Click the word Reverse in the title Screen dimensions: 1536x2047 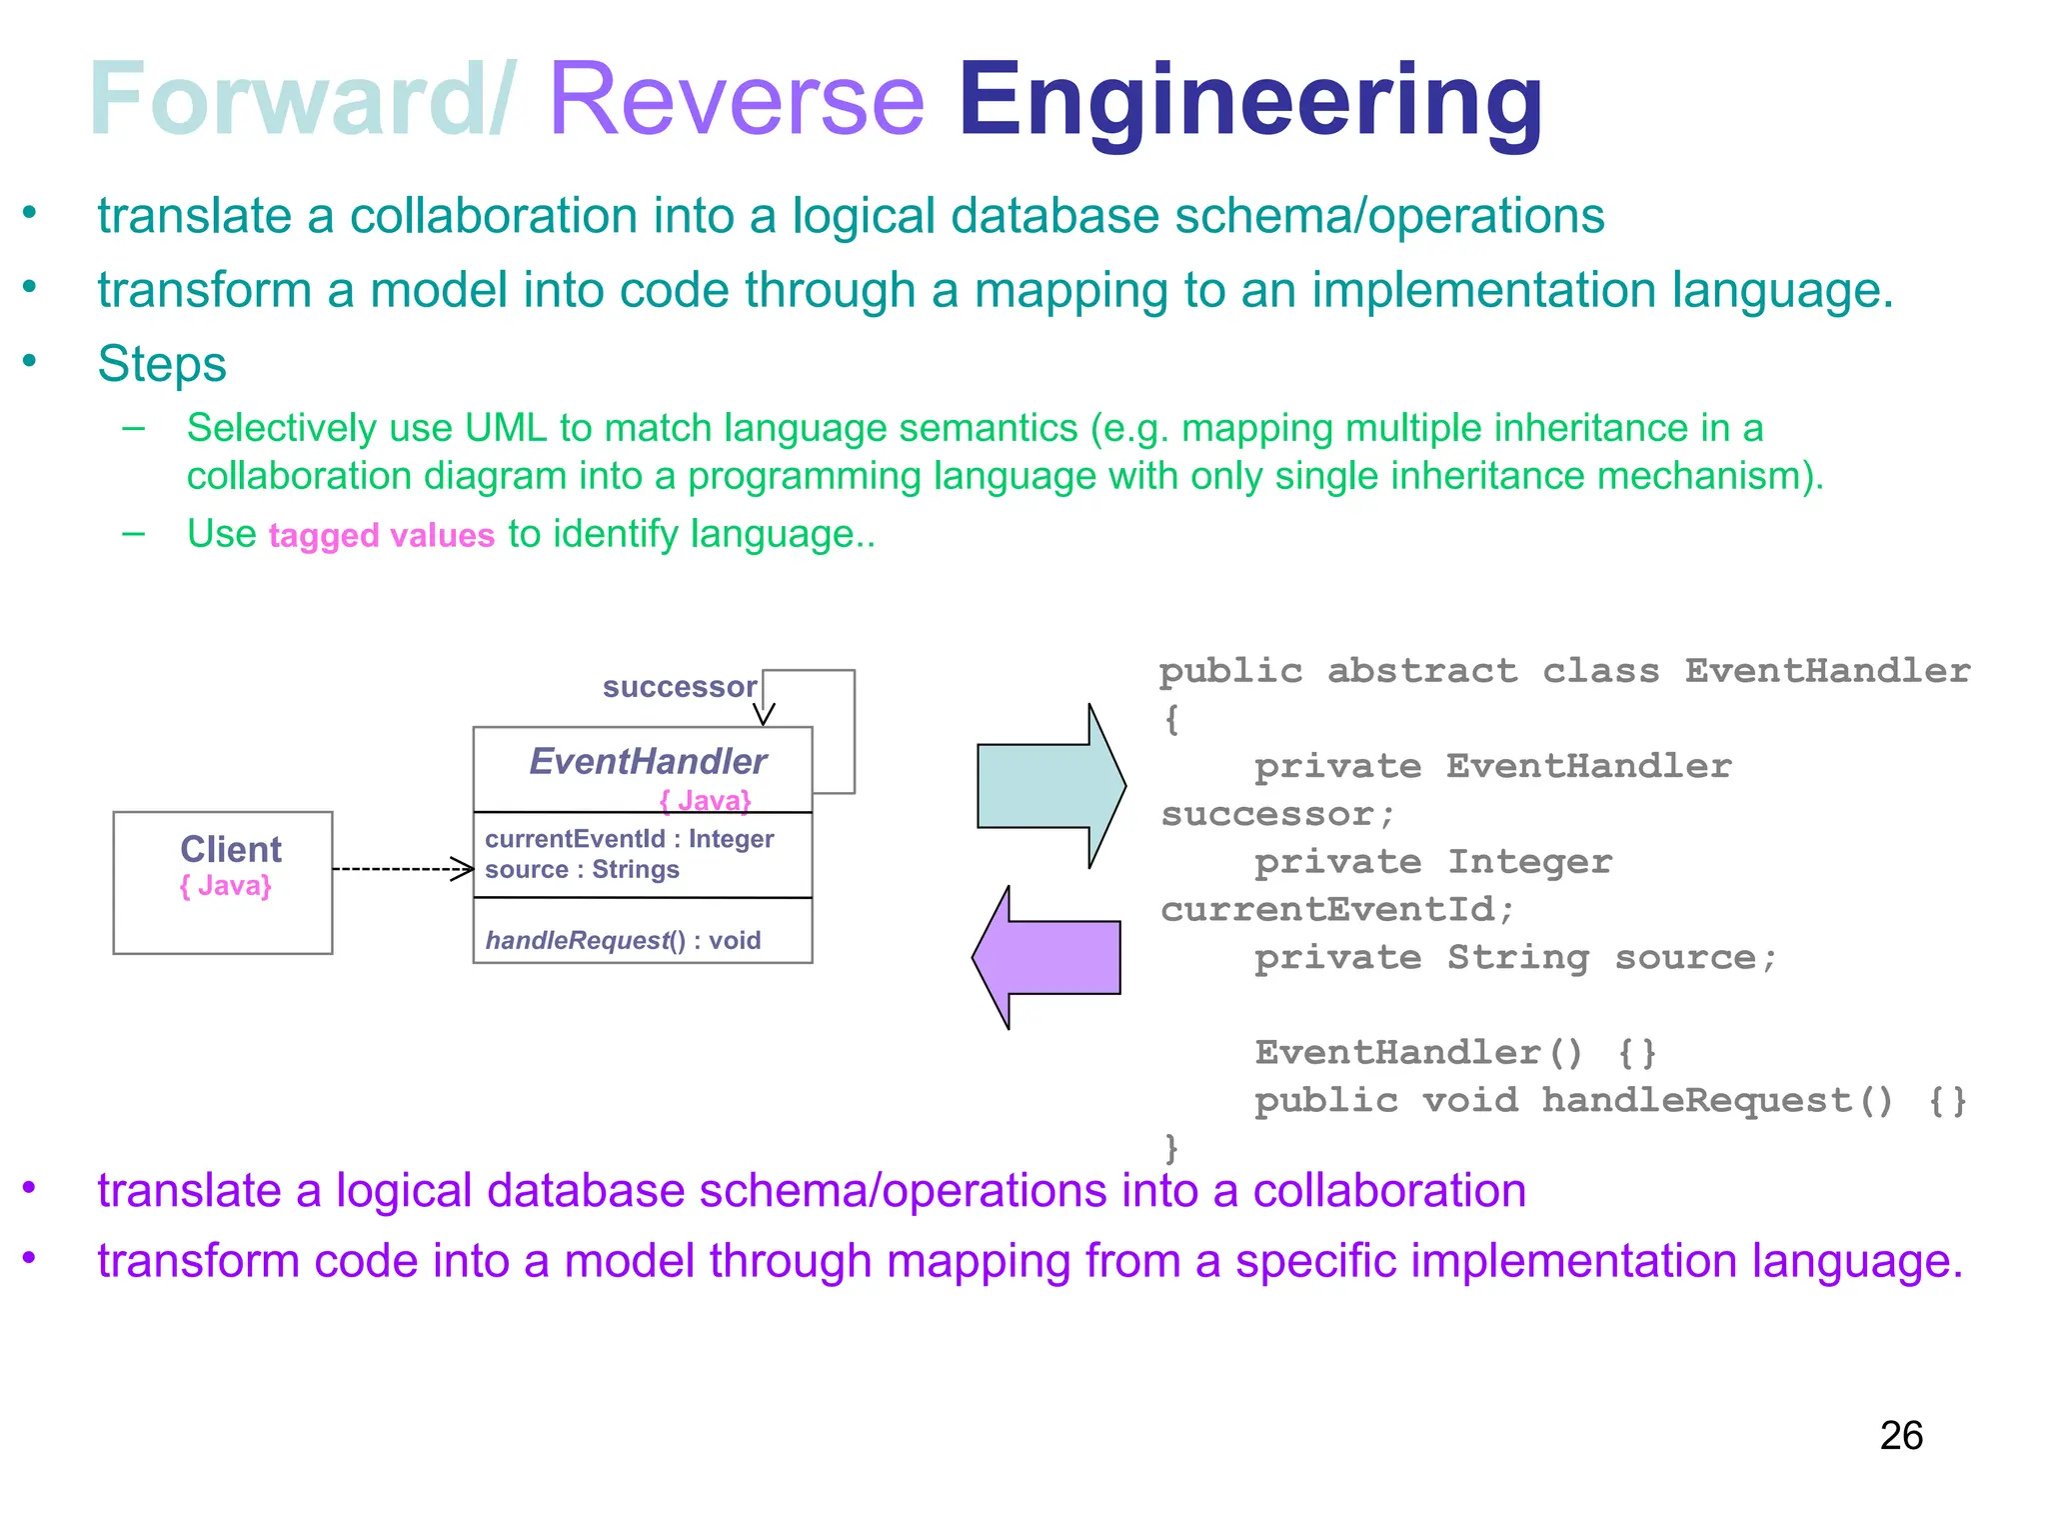tap(737, 100)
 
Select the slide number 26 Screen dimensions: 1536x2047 tap(1900, 1436)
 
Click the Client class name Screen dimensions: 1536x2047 tap(231, 849)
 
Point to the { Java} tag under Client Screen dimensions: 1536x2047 tap(226, 886)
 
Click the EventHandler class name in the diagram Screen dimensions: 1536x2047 tap(648, 762)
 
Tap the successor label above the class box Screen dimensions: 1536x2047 tap(679, 687)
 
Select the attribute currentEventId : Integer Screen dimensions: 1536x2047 tap(629, 839)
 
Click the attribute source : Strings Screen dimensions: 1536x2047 tap(582, 870)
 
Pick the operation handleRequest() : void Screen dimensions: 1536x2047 tap(623, 940)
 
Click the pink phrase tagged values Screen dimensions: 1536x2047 tap(381, 536)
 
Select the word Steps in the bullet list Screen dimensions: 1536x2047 tap(162, 364)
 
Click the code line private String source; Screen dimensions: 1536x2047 tap(1515, 958)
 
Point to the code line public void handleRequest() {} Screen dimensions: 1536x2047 tap(1610, 1101)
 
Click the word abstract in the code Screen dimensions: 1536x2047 tap(1421, 671)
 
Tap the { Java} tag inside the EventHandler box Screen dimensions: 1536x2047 tap(706, 800)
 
